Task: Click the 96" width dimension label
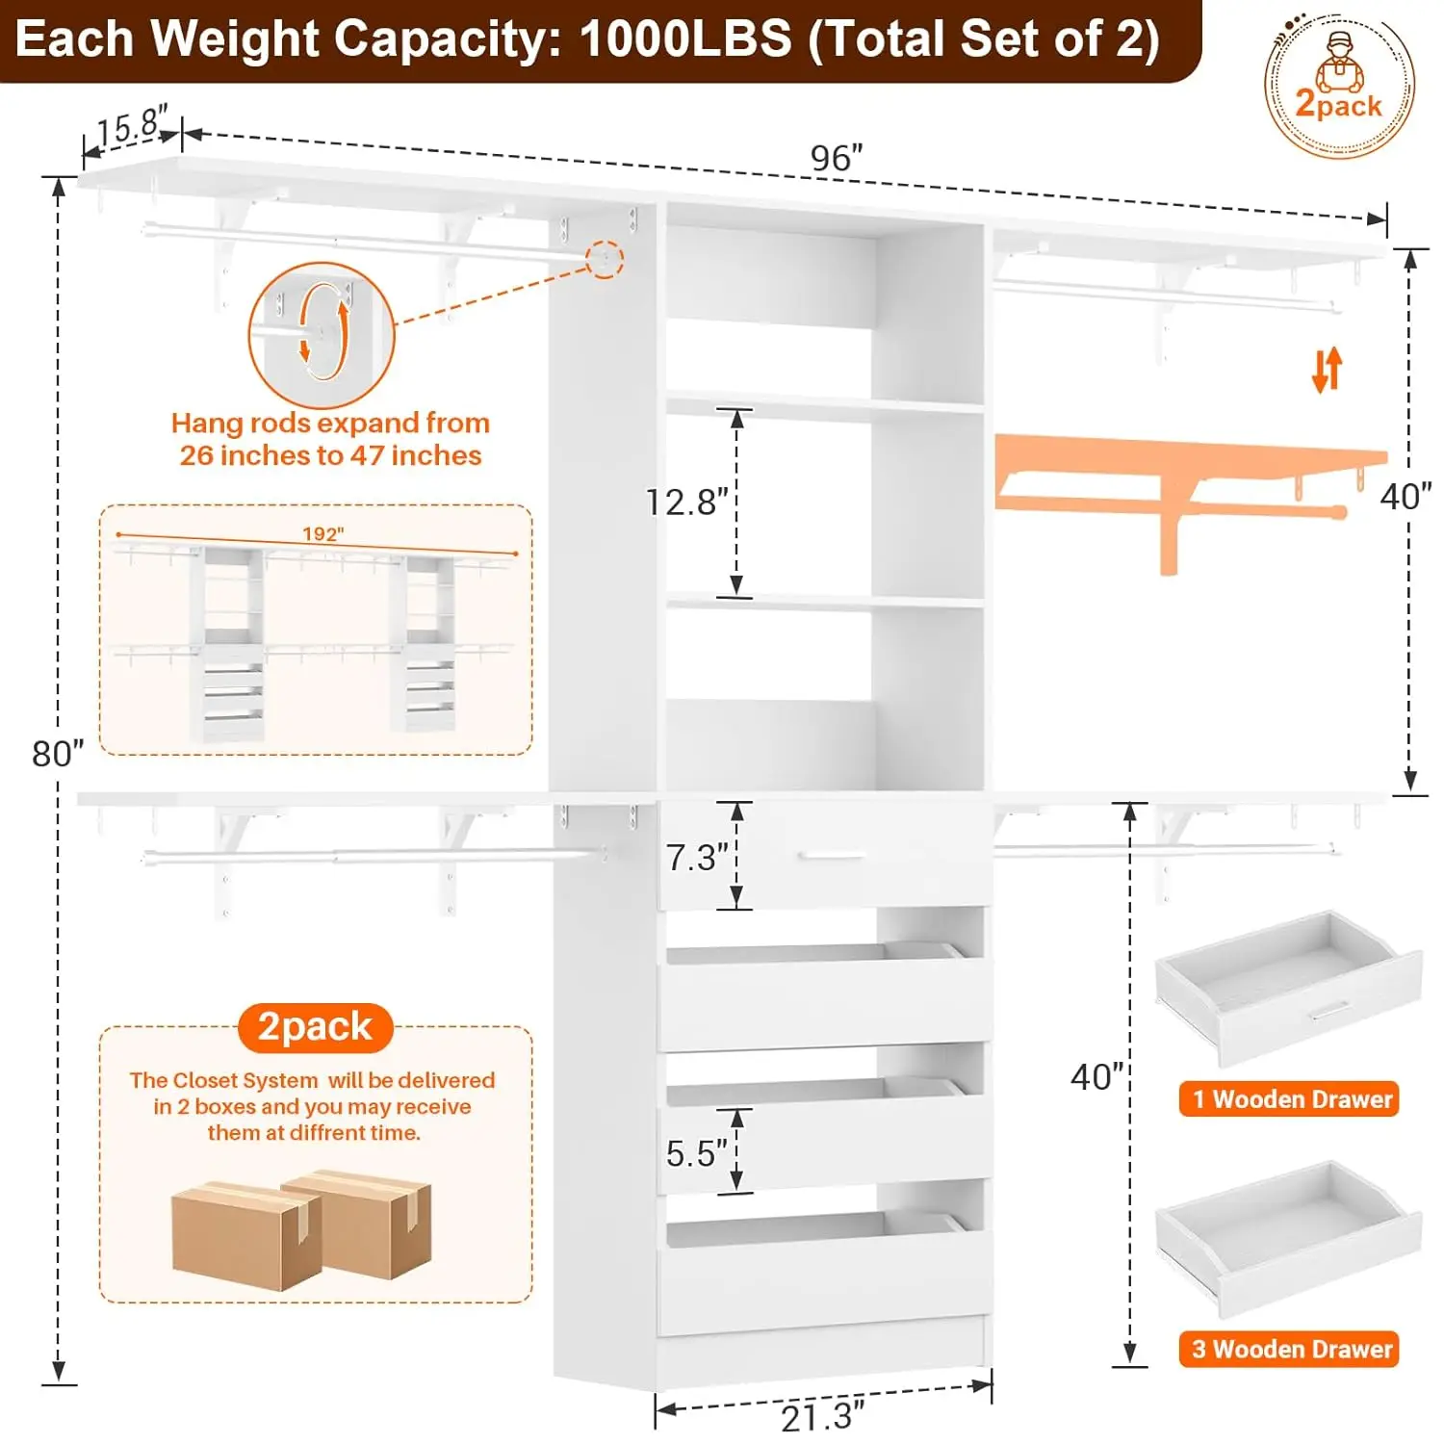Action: click(837, 158)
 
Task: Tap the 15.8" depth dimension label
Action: click(133, 125)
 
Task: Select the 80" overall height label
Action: click(58, 753)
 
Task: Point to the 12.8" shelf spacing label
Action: click(687, 502)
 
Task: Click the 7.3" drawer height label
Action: click(698, 857)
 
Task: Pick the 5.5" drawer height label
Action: click(697, 1153)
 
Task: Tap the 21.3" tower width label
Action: click(823, 1416)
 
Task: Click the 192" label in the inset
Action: click(322, 534)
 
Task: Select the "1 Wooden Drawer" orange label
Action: click(1289, 1098)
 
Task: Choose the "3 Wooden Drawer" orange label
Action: click(1289, 1349)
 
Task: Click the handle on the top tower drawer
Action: click(833, 855)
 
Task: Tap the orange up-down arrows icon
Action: click(1327, 370)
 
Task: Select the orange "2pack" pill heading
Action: click(316, 1027)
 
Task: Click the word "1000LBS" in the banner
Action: click(685, 39)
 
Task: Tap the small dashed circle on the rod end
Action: click(606, 259)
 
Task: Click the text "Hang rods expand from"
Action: click(330, 423)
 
